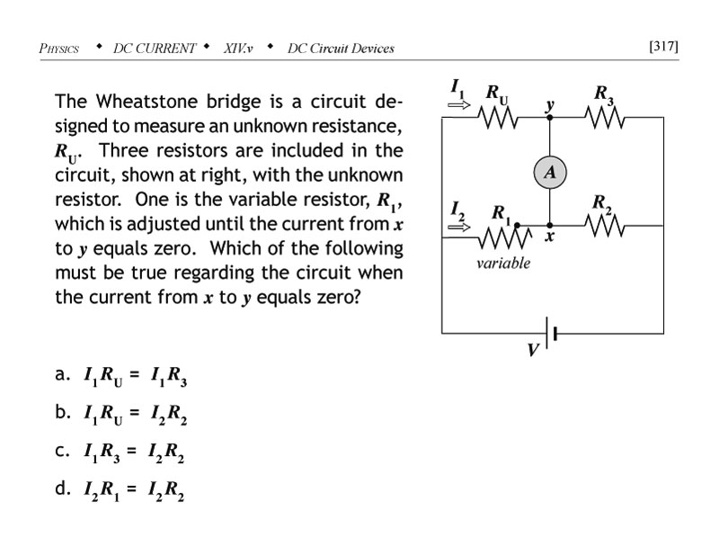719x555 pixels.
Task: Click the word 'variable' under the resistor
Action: (x=503, y=264)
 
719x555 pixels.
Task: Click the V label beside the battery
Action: (x=532, y=350)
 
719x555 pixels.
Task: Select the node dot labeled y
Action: (x=549, y=116)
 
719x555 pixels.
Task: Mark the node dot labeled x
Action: (x=549, y=226)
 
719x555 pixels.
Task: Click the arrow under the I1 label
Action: (x=458, y=103)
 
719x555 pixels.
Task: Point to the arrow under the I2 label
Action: (x=458, y=224)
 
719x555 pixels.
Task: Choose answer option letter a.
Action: (x=61, y=375)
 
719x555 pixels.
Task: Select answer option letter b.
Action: (x=61, y=413)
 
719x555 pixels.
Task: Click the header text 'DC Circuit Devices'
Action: (x=341, y=48)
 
